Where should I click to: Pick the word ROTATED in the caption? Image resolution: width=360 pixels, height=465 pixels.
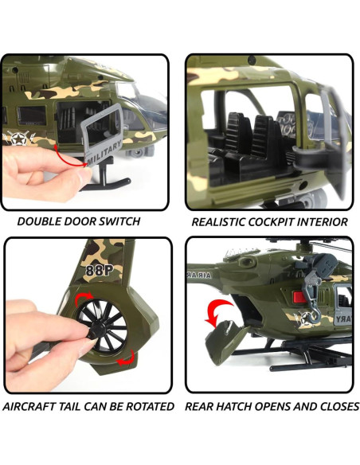pyautogui.click(x=147, y=406)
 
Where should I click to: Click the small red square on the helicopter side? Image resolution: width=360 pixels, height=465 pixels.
pyautogui.click(x=299, y=299)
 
